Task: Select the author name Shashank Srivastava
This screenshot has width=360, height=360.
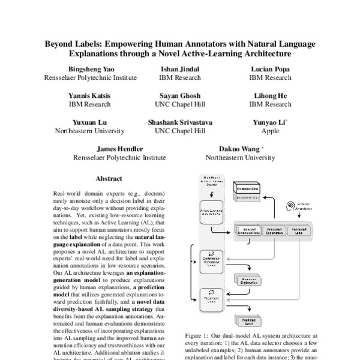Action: pyautogui.click(x=179, y=122)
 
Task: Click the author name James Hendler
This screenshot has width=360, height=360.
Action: pyautogui.click(x=120, y=148)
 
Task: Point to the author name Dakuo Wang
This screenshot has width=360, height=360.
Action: pyautogui.click(x=239, y=148)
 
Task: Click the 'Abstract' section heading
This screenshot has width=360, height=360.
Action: pyautogui.click(x=109, y=178)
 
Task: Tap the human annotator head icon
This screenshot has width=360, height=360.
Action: pyautogui.click(x=293, y=205)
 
